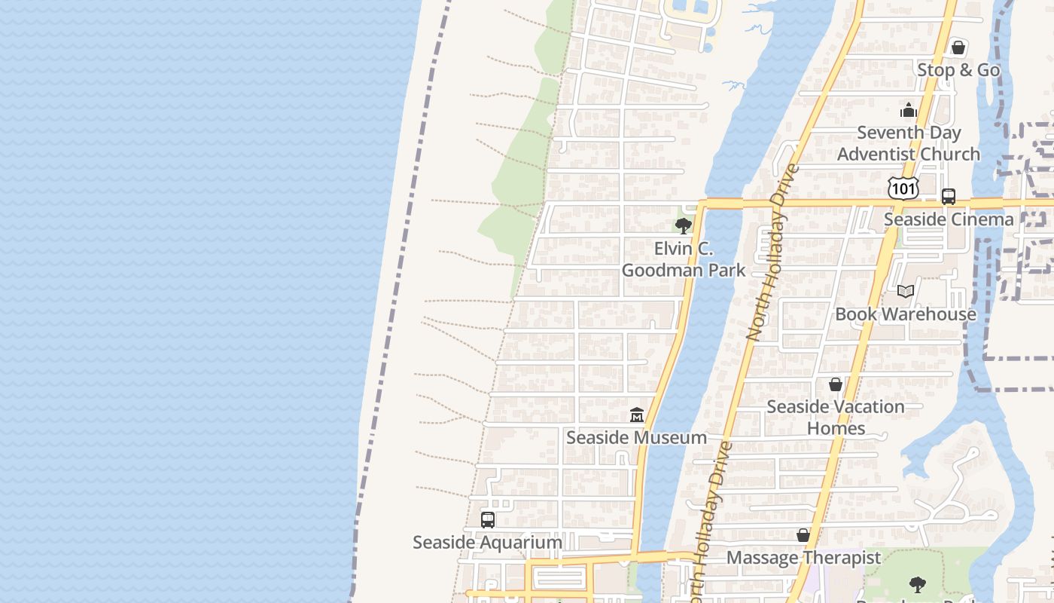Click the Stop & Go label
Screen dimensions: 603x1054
[x=958, y=70]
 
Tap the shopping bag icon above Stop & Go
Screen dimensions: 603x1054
[x=958, y=48]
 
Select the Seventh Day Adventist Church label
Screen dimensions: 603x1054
[x=909, y=143]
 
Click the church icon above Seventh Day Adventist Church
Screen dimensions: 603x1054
[x=909, y=111]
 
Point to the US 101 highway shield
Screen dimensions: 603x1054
[x=903, y=188]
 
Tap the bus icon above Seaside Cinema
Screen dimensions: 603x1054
[x=949, y=197]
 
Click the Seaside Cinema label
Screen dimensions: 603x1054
[x=949, y=219]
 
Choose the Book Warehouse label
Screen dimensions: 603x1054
[x=906, y=314]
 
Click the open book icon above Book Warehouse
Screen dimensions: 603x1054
[x=906, y=292]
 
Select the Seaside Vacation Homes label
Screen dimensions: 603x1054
[x=836, y=418]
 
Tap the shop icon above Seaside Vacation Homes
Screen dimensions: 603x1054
[x=836, y=385]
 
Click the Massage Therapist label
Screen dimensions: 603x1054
[x=803, y=558]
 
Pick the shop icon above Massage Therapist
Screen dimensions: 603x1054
[x=803, y=536]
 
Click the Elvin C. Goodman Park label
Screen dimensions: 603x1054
[x=684, y=259]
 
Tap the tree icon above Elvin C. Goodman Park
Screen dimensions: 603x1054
[x=684, y=225]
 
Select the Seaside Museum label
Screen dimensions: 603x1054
[x=636, y=437]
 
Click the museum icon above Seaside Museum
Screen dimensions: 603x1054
[x=637, y=415]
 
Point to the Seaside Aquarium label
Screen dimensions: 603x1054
[x=487, y=542]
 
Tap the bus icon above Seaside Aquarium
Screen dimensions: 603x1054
[x=488, y=520]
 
